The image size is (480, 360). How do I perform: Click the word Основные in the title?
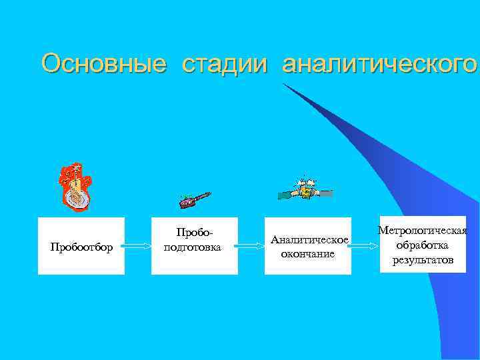[x=103, y=64]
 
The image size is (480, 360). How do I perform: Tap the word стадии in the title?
[x=223, y=64]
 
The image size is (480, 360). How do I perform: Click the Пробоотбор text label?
[x=81, y=248]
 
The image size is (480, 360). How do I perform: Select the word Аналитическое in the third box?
[x=309, y=240]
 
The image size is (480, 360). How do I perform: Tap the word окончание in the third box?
[x=308, y=253]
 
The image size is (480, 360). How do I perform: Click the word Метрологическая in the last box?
[x=422, y=231]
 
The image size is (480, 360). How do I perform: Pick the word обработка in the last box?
[x=422, y=245]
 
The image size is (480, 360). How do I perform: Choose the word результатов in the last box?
[x=422, y=259]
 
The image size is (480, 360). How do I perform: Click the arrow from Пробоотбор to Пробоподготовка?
[x=138, y=246]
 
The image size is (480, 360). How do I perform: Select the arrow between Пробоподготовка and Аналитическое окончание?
[x=251, y=246]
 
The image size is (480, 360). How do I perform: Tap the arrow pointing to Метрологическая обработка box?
[x=363, y=246]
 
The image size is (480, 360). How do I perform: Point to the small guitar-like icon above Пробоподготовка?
[x=195, y=199]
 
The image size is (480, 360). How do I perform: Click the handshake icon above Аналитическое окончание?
[x=305, y=189]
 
